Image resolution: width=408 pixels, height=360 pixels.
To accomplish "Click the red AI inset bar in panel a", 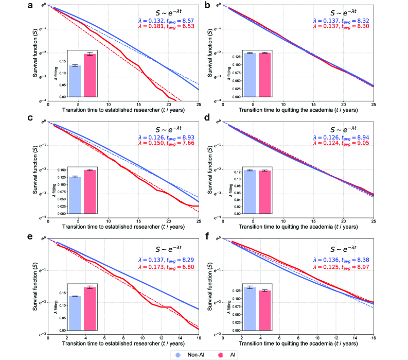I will [90, 75].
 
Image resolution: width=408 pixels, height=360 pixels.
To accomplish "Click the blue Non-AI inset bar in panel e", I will [75, 313].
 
